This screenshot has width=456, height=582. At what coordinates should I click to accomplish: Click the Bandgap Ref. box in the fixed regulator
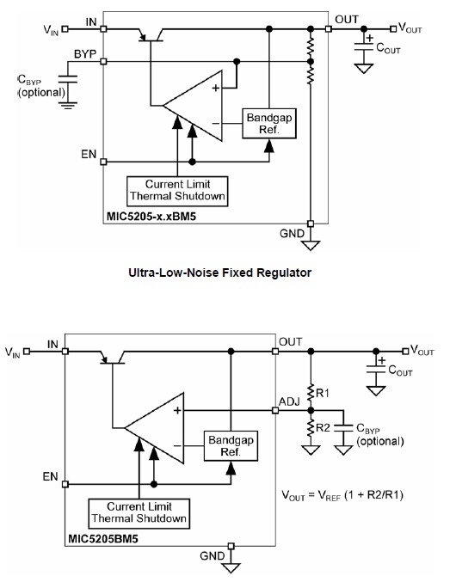click(x=269, y=124)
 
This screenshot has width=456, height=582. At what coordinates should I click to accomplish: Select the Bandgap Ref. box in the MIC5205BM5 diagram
click(x=231, y=446)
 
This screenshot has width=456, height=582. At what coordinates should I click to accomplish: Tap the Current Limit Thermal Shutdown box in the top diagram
click(x=177, y=191)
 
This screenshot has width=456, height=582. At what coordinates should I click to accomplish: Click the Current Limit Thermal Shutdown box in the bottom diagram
click(x=139, y=513)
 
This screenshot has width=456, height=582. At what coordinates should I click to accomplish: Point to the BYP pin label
click(x=85, y=54)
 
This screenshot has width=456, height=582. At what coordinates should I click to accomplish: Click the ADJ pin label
click(x=289, y=401)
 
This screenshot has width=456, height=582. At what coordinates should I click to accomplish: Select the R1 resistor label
click(x=323, y=393)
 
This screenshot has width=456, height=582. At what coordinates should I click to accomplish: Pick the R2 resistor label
click(x=323, y=428)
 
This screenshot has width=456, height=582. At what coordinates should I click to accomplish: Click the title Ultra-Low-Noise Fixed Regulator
click(x=220, y=273)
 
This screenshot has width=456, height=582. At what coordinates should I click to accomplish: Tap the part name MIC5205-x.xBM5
click(x=151, y=216)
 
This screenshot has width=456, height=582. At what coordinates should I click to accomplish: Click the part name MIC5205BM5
click(x=103, y=538)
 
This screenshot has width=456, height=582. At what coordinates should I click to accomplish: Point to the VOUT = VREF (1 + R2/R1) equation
click(x=342, y=495)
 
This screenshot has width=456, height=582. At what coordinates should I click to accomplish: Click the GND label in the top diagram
click(x=292, y=234)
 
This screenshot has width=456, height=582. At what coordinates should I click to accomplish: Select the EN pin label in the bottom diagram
click(x=50, y=476)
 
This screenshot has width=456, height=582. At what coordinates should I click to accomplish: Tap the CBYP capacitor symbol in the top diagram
click(x=68, y=79)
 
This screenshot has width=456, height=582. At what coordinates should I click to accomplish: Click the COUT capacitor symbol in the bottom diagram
click(x=376, y=370)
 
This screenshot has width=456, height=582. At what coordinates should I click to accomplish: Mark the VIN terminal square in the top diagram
click(x=65, y=28)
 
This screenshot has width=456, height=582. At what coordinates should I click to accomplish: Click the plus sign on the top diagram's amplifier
click(x=215, y=88)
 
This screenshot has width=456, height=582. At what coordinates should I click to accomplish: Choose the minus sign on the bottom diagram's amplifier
click(x=177, y=446)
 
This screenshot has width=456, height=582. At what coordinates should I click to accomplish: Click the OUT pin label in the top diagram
click(x=347, y=19)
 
